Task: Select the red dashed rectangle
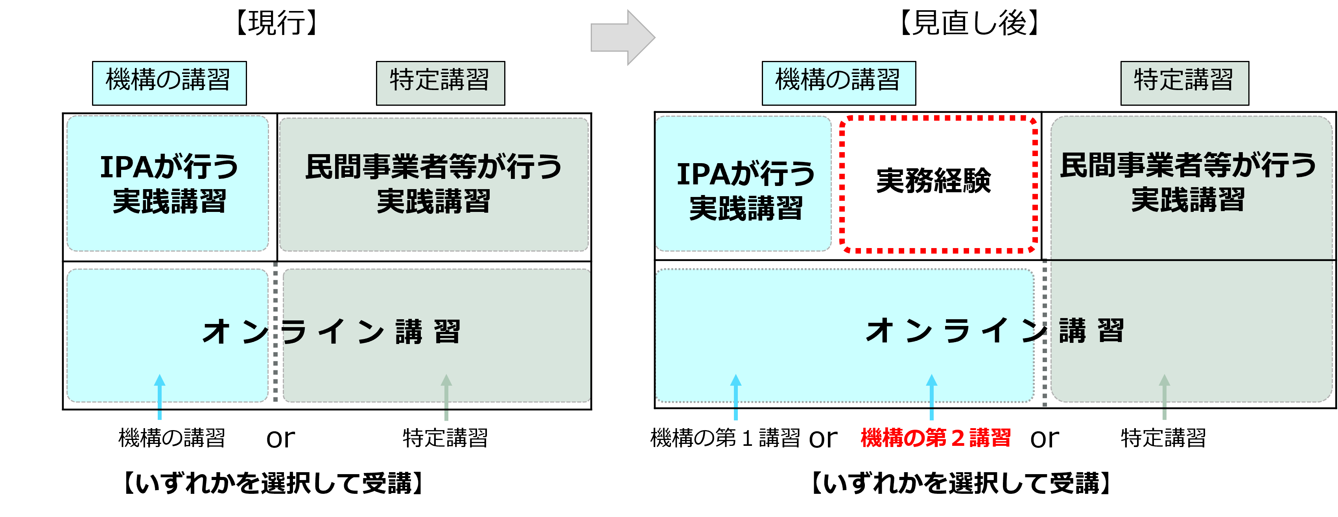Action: pyautogui.click(x=938, y=184)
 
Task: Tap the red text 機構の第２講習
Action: pyautogui.click(x=935, y=438)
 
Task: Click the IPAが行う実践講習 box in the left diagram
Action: pyautogui.click(x=168, y=183)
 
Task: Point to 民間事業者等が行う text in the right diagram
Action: pyautogui.click(x=1188, y=165)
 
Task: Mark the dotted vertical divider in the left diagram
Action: pyautogui.click(x=275, y=332)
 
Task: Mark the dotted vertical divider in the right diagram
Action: pyautogui.click(x=1045, y=332)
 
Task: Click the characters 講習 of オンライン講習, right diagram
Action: pyautogui.click(x=1091, y=331)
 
